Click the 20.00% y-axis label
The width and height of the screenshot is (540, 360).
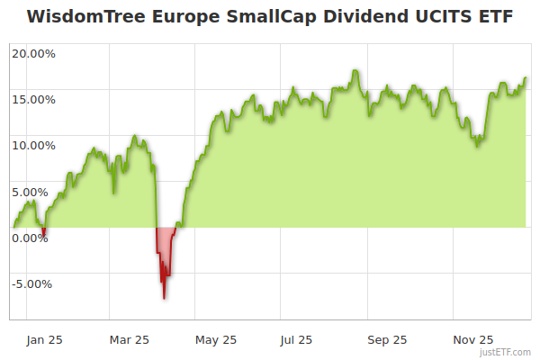pos(33,53)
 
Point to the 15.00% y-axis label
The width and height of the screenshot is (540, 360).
pos(33,99)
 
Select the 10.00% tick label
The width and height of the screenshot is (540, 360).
pos(33,145)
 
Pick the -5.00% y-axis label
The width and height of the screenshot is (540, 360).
pos(33,283)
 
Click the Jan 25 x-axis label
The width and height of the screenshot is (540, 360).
pos(43,339)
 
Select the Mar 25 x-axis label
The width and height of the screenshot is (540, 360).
pos(129,339)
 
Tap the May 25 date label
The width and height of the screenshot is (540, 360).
pos(216,339)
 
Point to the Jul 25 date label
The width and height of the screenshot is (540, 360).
pos(296,339)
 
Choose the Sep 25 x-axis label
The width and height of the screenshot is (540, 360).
pos(388,339)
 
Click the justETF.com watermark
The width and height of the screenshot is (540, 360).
pos(506,353)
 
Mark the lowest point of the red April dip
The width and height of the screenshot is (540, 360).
pos(164,297)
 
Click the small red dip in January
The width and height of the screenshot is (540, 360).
pos(44,234)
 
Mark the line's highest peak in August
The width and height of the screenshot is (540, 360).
pos(356,70)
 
